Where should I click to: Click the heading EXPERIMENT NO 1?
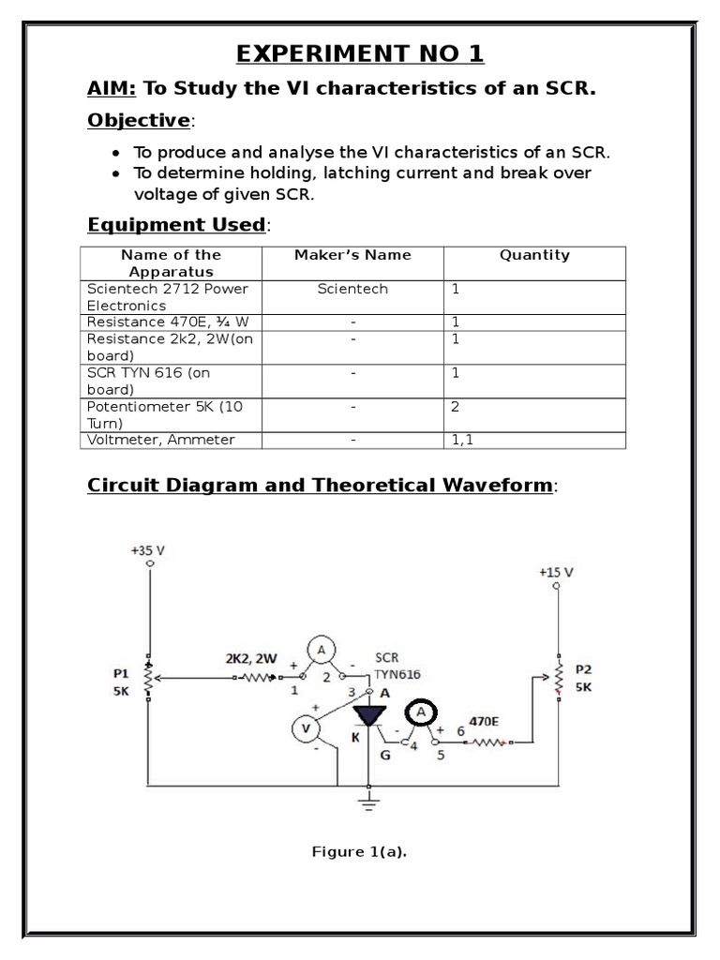[360, 53]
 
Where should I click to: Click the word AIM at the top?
[112, 89]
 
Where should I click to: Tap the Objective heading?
[138, 121]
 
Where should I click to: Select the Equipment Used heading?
[176, 224]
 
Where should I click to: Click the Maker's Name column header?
[352, 255]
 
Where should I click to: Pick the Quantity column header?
[534, 255]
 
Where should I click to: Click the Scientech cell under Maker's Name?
[352, 290]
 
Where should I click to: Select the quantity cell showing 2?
[457, 408]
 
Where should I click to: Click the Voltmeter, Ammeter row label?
[160, 440]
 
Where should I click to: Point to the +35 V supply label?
[147, 551]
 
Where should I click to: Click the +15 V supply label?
[556, 572]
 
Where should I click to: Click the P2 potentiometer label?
[583, 669]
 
